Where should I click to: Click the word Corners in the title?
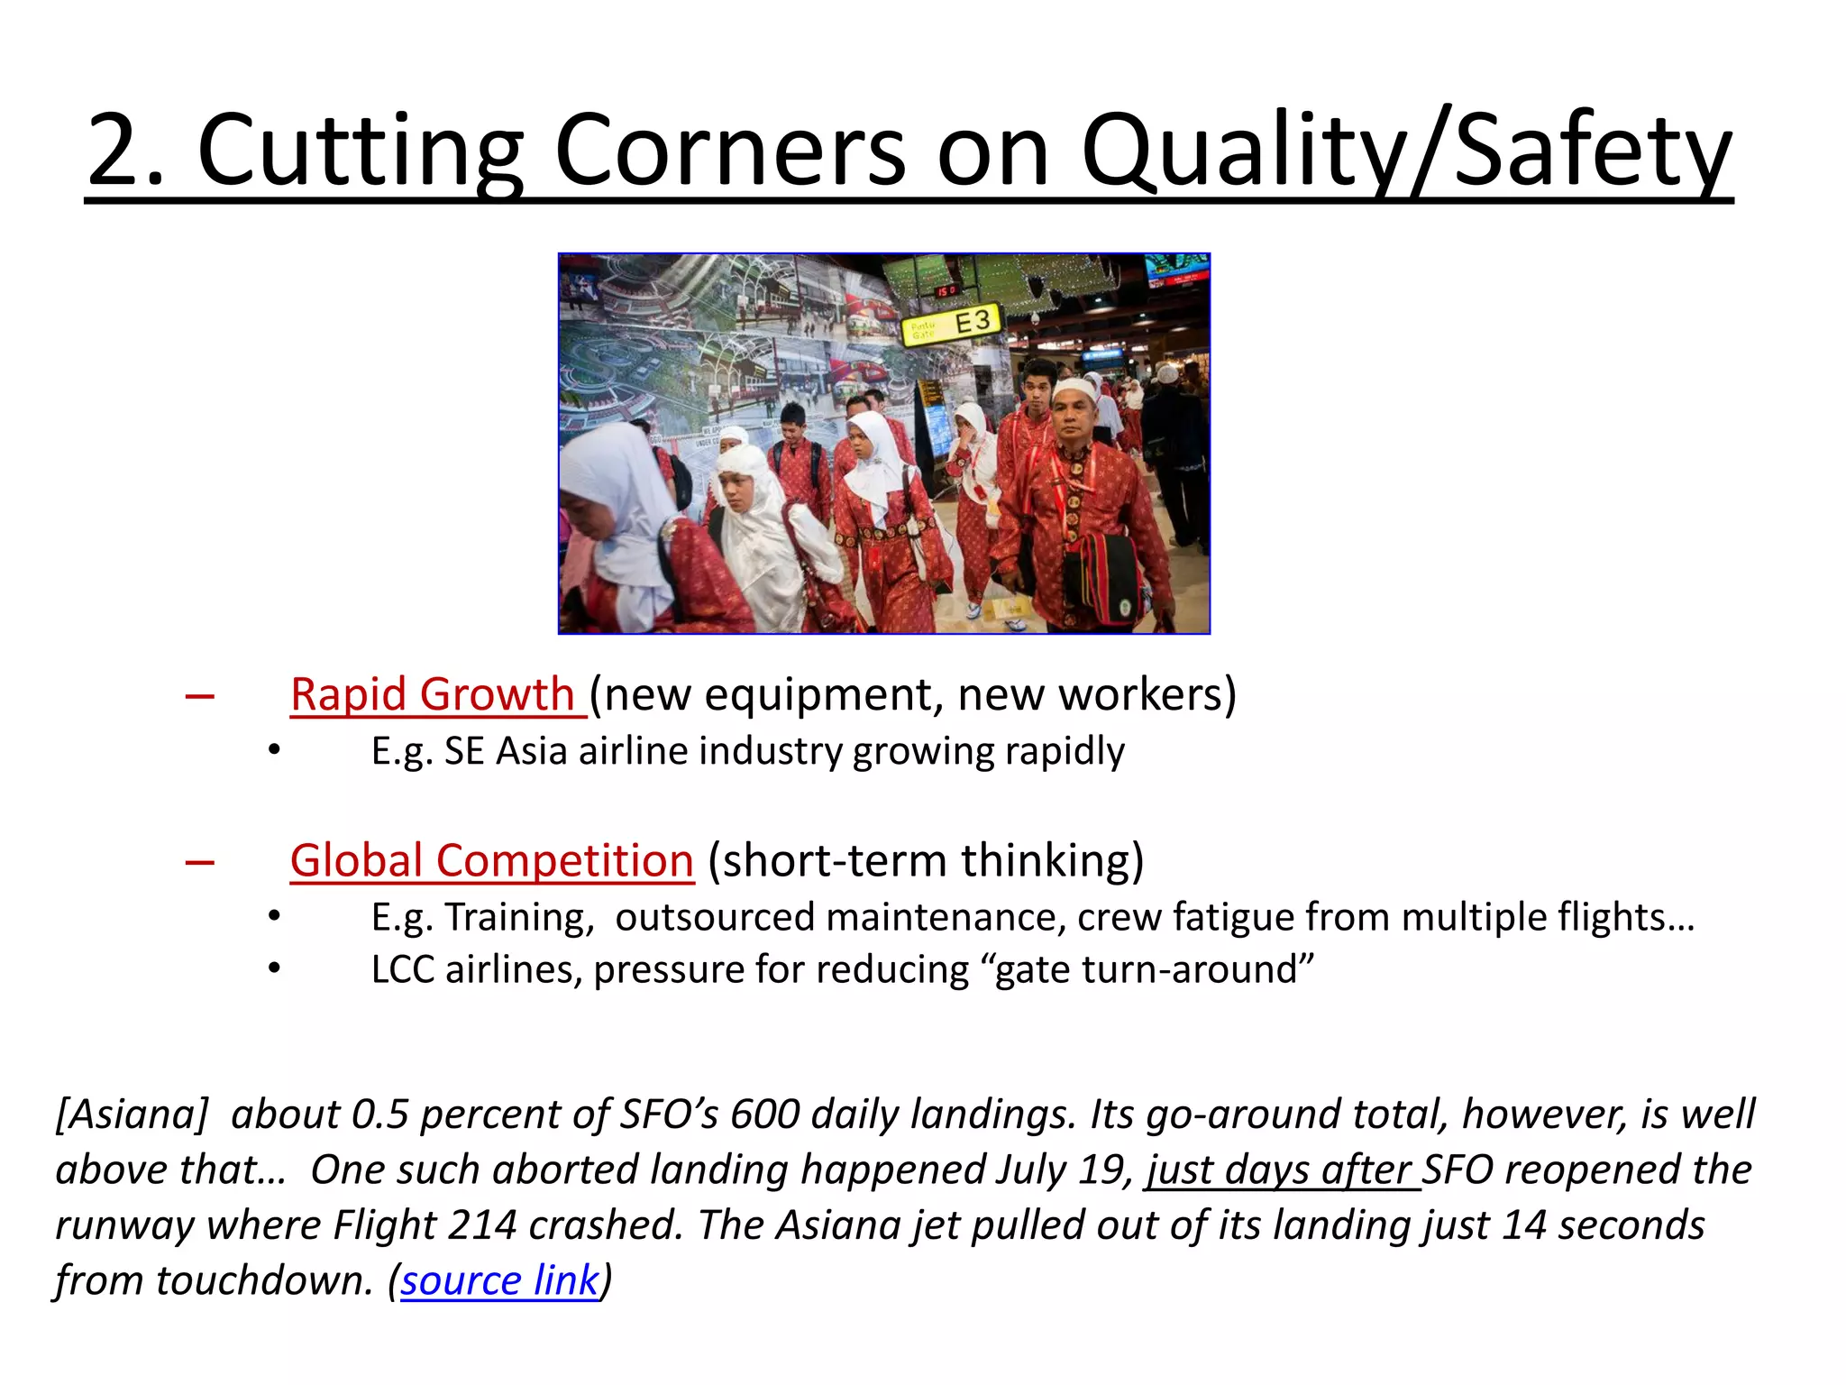click(729, 151)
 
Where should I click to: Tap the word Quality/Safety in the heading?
click(1405, 151)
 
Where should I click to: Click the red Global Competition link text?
click(492, 860)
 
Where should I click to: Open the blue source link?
click(499, 1280)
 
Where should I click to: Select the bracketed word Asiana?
click(133, 1114)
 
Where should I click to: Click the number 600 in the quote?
click(764, 1114)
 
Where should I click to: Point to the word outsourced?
click(716, 917)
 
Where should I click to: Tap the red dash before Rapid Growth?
click(199, 695)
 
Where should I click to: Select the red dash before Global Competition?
click(199, 862)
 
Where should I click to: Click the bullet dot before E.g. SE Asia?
click(274, 750)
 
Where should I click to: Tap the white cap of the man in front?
click(1073, 388)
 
